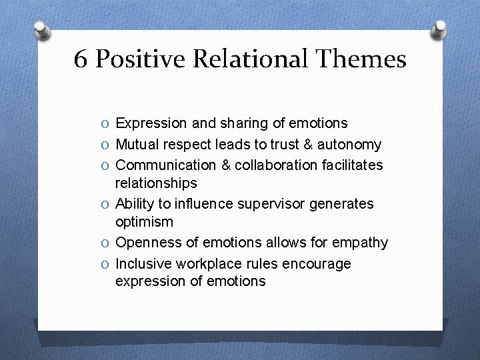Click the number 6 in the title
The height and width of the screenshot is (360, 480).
81,60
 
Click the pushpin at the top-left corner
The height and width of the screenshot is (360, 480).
41,31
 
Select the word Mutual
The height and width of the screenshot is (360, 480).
137,145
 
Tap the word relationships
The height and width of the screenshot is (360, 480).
156,183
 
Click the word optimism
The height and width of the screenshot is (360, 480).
144,221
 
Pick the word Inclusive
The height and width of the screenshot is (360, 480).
142,264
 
